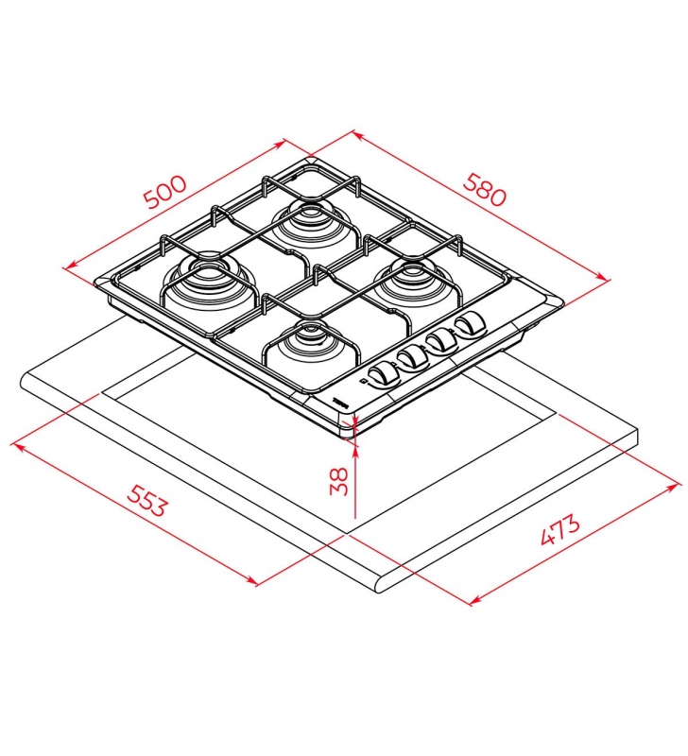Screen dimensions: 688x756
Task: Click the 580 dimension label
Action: click(x=485, y=190)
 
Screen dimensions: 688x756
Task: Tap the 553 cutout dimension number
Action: click(x=147, y=500)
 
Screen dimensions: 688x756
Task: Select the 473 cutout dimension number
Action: click(x=559, y=530)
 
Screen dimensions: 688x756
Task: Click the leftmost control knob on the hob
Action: click(x=383, y=375)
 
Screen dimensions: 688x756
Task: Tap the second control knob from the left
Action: click(x=412, y=358)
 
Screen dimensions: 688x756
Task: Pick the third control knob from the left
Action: click(x=441, y=340)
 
